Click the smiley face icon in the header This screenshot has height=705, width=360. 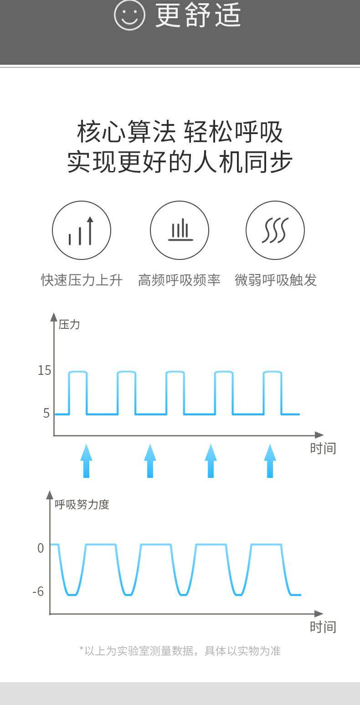pyautogui.click(x=129, y=15)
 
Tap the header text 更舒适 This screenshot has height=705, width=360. pyautogui.click(x=198, y=16)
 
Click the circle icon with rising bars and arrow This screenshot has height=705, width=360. pyautogui.click(x=82, y=230)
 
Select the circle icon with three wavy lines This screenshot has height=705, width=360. pyautogui.click(x=275, y=230)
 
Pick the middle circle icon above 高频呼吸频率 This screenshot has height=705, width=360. pyautogui.click(x=180, y=230)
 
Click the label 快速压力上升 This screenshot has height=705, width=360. pyautogui.click(x=82, y=280)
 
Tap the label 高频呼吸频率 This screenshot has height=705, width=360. pyautogui.click(x=179, y=280)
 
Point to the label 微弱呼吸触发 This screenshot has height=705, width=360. pyautogui.click(x=276, y=280)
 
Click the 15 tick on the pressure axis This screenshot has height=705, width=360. pyautogui.click(x=44, y=370)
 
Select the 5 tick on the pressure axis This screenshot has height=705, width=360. pyautogui.click(x=46, y=413)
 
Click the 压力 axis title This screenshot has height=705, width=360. pyautogui.click(x=69, y=325)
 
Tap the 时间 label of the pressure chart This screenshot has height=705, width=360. pyautogui.click(x=323, y=448)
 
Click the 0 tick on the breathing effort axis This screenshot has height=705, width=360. pyautogui.click(x=41, y=548)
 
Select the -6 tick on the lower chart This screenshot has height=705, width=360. pyautogui.click(x=38, y=591)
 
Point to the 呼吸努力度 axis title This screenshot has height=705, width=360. pyautogui.click(x=82, y=504)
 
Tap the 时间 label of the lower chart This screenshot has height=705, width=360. pyautogui.click(x=323, y=627)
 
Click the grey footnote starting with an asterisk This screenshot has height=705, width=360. pyautogui.click(x=180, y=651)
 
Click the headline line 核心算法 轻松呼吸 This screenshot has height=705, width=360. pyautogui.click(x=180, y=132)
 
